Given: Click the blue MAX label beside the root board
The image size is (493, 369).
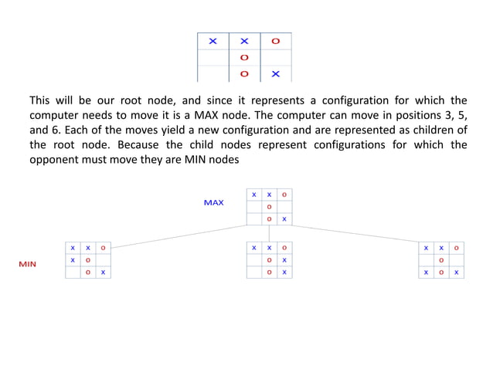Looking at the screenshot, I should pyautogui.click(x=213, y=203).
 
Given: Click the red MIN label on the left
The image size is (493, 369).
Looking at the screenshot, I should pyautogui.click(x=28, y=264).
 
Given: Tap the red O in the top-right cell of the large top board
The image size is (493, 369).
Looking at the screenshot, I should pyautogui.click(x=276, y=41).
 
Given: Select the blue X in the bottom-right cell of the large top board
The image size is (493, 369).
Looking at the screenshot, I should pyautogui.click(x=276, y=75).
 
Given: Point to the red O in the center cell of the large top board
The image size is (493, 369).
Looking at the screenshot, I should pyautogui.click(x=244, y=58).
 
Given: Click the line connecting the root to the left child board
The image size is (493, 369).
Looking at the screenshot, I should pyautogui.click(x=178, y=235).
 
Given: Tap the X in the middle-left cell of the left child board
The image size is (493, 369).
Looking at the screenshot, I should pyautogui.click(x=73, y=260).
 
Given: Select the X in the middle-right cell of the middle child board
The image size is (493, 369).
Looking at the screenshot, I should pyautogui.click(x=284, y=260).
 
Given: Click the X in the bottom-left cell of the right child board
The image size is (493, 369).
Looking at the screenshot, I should pyautogui.click(x=426, y=273).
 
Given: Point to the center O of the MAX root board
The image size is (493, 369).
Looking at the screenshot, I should pyautogui.click(x=269, y=207).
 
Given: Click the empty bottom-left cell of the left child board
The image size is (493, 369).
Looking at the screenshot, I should pyautogui.click(x=73, y=273).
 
